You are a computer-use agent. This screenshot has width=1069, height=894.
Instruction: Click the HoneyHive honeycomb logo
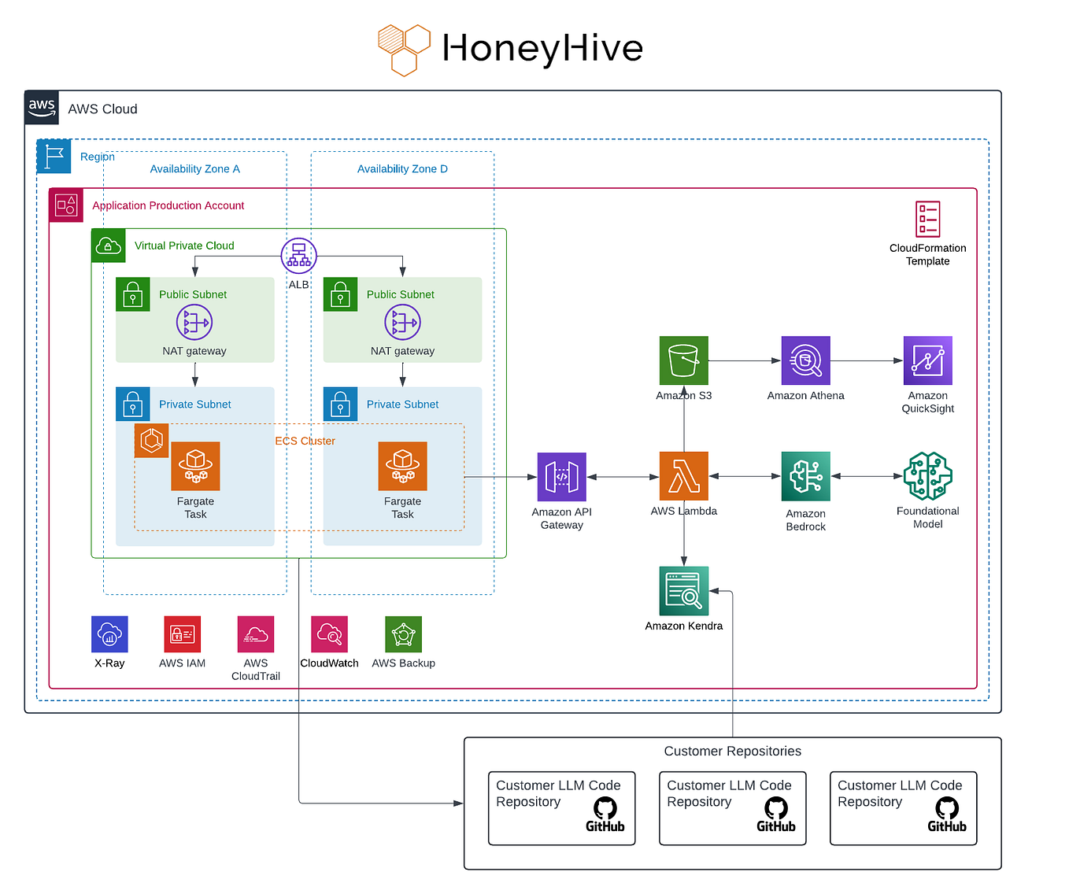tap(404, 50)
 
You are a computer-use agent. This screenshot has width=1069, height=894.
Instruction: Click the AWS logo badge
tap(42, 108)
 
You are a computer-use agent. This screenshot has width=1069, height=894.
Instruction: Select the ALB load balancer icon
tap(298, 256)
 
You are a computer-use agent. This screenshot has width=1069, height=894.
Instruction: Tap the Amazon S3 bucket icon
tap(683, 360)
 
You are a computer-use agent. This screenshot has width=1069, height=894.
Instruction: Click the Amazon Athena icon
tap(805, 360)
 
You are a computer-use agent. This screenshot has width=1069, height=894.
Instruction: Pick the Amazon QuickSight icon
tap(927, 360)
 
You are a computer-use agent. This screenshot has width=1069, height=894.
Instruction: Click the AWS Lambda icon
tap(683, 476)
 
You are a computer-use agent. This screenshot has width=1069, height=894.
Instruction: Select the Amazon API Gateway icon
tap(561, 477)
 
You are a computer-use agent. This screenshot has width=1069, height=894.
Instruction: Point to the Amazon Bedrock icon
tap(805, 476)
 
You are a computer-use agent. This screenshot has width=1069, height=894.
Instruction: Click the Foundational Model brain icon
tap(927, 476)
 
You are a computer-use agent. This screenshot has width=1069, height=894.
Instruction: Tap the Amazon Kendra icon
tap(683, 591)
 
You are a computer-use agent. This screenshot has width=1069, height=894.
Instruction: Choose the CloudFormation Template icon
tap(927, 219)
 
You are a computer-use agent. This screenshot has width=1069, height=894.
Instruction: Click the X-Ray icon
tap(109, 634)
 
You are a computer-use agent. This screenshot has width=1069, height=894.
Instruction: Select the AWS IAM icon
tap(182, 634)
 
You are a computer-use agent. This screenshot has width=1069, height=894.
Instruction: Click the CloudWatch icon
tap(329, 634)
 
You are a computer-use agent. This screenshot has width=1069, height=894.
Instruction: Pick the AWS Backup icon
tap(403, 634)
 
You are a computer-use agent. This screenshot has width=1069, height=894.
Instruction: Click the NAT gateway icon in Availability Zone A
tap(194, 322)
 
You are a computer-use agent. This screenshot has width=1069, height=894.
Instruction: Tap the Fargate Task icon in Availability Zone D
tap(402, 466)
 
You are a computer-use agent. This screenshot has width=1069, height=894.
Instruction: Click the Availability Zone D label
tap(402, 169)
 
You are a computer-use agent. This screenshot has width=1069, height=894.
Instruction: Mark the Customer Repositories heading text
tap(732, 752)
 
